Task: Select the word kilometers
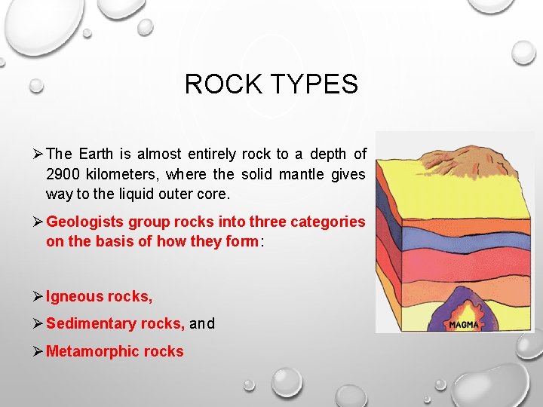pyautogui.click(x=120, y=174)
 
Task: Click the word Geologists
pyautogui.click(x=84, y=222)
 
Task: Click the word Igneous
pyautogui.click(x=74, y=297)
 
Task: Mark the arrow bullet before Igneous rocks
pyautogui.click(x=38, y=297)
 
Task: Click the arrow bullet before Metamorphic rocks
pyautogui.click(x=38, y=351)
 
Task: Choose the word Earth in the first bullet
pyautogui.click(x=95, y=155)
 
